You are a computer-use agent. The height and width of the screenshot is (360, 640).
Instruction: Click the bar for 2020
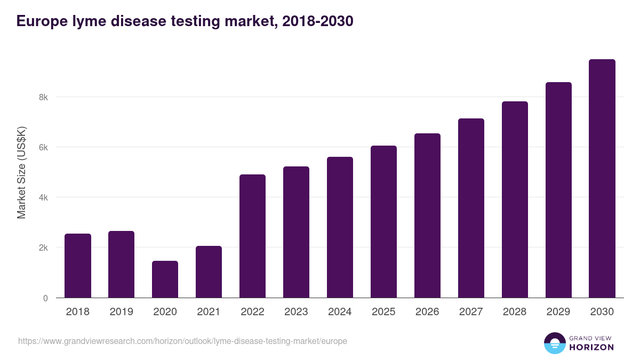[x=165, y=279]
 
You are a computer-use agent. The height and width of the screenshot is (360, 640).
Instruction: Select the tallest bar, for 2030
[x=602, y=179]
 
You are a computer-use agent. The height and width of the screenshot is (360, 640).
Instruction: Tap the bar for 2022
[x=252, y=236]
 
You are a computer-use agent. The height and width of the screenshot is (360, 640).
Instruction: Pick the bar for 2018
[x=78, y=266]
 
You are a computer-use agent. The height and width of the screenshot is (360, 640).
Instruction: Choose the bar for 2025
[x=383, y=222]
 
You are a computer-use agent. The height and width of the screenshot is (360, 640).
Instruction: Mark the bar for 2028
[x=515, y=199]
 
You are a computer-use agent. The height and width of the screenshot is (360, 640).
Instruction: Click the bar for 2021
[x=209, y=272]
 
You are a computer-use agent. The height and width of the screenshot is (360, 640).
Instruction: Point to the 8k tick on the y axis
[x=43, y=97]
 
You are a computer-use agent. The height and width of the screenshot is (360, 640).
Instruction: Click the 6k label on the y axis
[x=43, y=147]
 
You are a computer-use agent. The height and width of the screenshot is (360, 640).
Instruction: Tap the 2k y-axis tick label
[x=43, y=248]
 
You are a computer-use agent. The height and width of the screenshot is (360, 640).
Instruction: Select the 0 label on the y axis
[x=45, y=298]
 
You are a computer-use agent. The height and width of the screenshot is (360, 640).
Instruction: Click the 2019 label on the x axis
[x=122, y=312]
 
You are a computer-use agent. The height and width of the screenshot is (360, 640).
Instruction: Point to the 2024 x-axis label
[x=340, y=312]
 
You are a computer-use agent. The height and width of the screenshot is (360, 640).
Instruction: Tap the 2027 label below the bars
[x=471, y=312]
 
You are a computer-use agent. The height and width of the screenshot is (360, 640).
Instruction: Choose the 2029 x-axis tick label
[x=558, y=312]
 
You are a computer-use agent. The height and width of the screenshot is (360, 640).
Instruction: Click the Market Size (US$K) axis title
[x=21, y=172]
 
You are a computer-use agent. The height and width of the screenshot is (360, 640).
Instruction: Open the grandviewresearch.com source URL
[x=182, y=341]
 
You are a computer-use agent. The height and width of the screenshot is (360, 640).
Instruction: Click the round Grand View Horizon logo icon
[x=555, y=343]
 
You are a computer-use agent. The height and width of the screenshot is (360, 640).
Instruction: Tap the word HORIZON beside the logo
[x=591, y=347]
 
